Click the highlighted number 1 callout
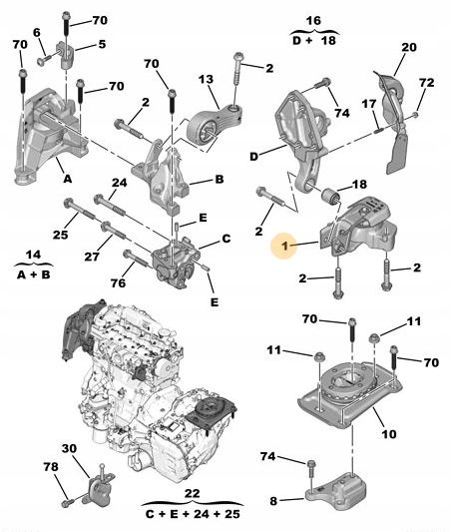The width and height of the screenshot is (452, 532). click(285, 245)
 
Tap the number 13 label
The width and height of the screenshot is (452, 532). click(205, 80)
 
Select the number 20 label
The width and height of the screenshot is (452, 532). click(409, 47)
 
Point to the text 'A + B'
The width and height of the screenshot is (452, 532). click(35, 273)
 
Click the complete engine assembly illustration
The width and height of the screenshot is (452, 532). click(150, 389)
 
